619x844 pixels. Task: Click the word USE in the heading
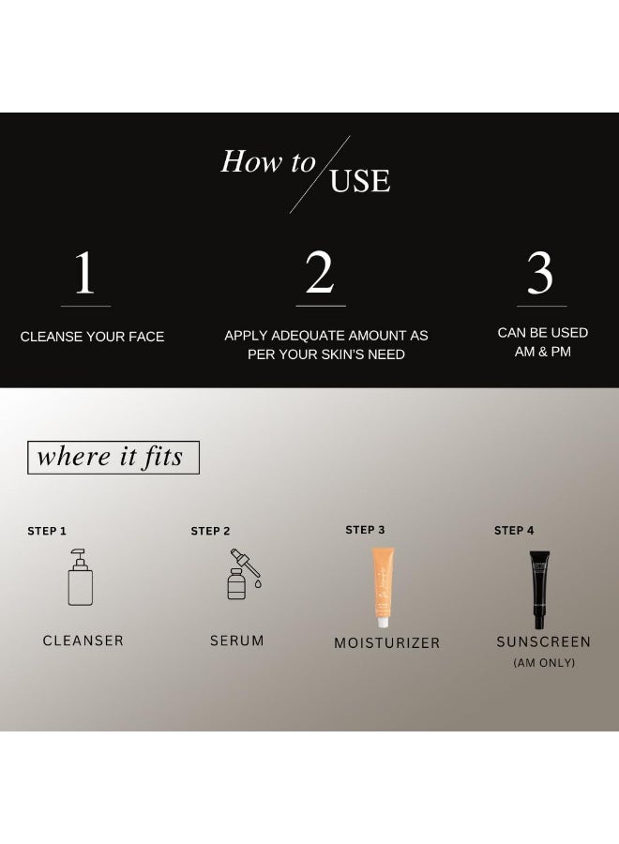(x=359, y=180)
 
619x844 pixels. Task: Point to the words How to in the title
(x=268, y=161)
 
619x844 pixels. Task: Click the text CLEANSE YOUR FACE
(x=92, y=337)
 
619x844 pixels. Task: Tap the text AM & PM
(x=543, y=352)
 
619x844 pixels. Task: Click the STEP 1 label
(x=47, y=532)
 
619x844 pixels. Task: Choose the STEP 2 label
(x=210, y=532)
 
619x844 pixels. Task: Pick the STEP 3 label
(x=365, y=530)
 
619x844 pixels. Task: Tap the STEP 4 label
(x=514, y=531)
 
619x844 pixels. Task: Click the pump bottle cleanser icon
(x=81, y=577)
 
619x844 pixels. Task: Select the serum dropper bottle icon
(x=244, y=574)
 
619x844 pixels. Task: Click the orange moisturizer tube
(x=383, y=587)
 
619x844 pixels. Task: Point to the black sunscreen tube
(x=539, y=590)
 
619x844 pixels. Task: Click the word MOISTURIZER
(x=387, y=642)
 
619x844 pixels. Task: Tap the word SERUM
(x=237, y=641)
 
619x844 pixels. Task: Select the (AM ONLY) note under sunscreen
(x=544, y=663)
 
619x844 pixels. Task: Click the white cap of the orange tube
(x=383, y=623)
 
